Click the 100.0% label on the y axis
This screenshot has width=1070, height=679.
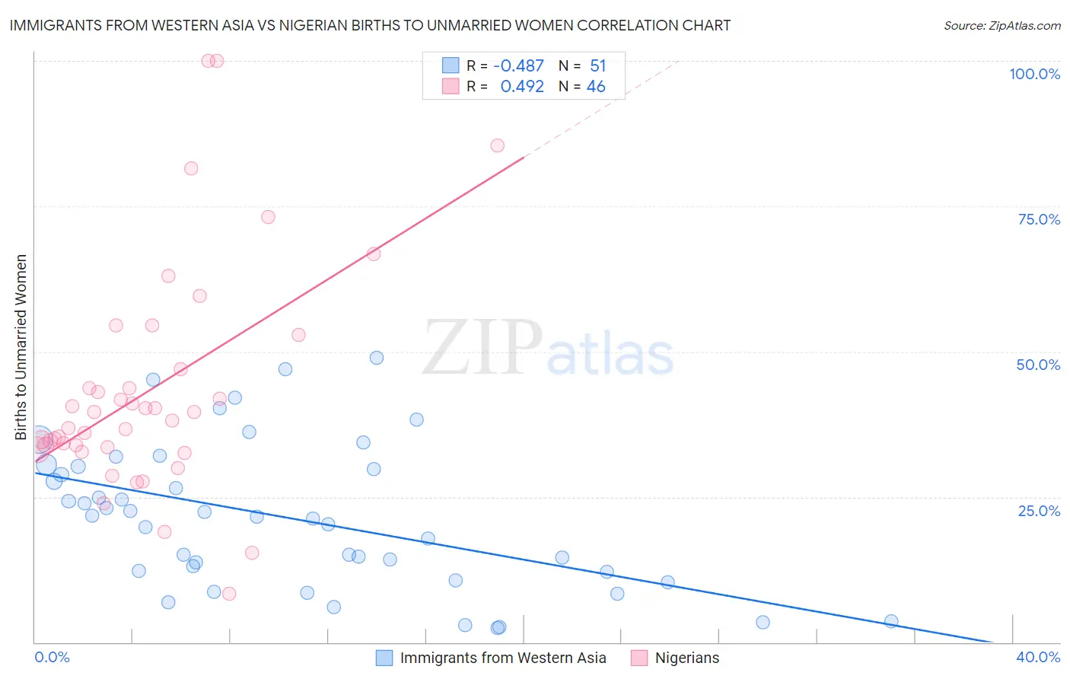coord(1034,74)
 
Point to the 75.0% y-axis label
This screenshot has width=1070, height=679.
coord(1039,219)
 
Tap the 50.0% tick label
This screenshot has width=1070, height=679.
coord(1038,365)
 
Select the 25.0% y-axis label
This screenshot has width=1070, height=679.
coord(1039,510)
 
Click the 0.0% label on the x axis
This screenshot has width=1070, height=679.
coord(52,657)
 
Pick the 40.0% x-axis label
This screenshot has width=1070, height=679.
coord(1038,657)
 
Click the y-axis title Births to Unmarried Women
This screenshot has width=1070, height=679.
coord(21,347)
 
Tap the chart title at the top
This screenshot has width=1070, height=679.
coord(370,25)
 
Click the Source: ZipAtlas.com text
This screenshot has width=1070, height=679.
coord(1002,25)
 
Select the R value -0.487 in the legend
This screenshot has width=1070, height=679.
coord(518,66)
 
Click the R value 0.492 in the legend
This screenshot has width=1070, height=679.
coord(522,87)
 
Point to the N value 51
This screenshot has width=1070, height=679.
coord(597,66)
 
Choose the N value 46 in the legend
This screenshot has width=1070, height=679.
coord(596,87)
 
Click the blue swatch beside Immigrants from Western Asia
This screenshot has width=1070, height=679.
coord(384,658)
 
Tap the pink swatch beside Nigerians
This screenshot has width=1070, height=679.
coord(639,658)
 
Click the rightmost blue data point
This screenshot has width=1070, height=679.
coord(891,621)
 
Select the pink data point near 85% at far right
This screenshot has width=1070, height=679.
coord(497,145)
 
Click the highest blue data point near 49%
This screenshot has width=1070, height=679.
coord(377,358)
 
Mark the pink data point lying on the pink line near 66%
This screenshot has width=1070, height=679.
coord(374,253)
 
